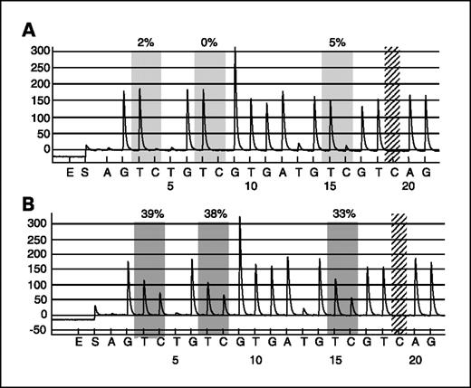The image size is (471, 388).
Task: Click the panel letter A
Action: pos(30,30)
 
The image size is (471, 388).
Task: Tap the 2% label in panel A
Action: pos(146,42)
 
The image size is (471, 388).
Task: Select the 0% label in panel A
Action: pos(209,42)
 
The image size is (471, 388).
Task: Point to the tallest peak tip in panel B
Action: pos(240,218)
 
